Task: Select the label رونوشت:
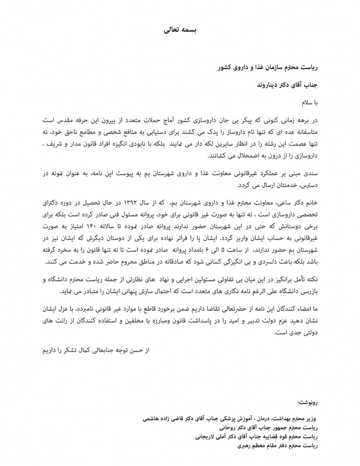[x=309, y=402]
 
